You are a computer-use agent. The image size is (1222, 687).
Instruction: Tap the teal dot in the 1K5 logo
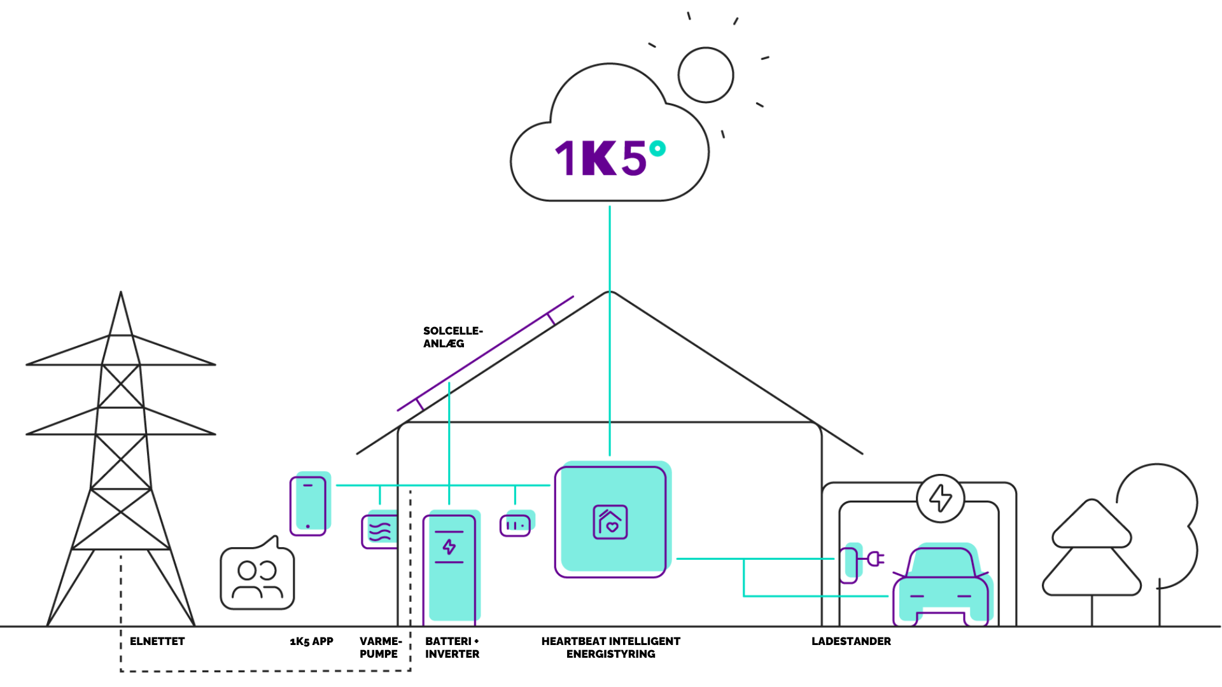click(657, 149)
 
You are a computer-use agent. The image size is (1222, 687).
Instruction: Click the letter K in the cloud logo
click(599, 158)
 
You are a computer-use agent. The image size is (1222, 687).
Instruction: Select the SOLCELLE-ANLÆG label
click(453, 337)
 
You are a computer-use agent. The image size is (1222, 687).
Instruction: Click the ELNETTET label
click(157, 641)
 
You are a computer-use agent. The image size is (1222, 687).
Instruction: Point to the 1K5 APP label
click(311, 641)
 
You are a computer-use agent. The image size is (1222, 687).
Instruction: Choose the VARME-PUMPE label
click(380, 648)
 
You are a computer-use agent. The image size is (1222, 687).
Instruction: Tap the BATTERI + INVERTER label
click(452, 648)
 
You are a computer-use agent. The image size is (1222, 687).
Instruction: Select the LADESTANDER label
click(851, 641)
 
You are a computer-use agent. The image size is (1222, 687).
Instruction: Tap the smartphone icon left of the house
click(308, 506)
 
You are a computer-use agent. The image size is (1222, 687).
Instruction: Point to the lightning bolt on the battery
click(449, 546)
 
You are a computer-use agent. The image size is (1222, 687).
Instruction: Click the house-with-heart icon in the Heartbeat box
click(610, 522)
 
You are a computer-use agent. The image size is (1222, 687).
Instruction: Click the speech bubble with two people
click(257, 573)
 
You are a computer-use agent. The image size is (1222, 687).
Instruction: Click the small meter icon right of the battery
click(515, 525)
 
